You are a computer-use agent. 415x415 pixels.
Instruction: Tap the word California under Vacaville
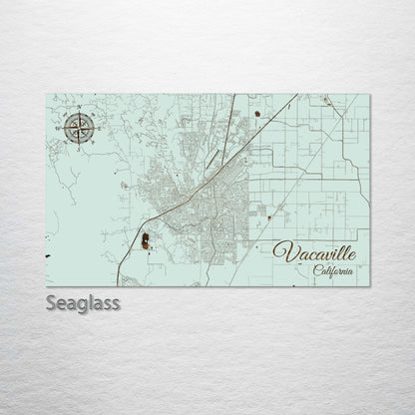point(333,270)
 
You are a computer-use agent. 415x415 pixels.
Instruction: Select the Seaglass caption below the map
point(83,301)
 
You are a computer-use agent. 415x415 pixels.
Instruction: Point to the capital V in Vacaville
point(281,250)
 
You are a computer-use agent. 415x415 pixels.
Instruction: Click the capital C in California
point(315,270)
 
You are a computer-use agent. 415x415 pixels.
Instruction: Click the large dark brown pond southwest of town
point(146,240)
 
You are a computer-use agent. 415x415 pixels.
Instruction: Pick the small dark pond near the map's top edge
point(258,116)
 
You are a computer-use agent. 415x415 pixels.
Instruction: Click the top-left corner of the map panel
point(46,94)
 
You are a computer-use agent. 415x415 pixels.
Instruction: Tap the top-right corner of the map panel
point(371,94)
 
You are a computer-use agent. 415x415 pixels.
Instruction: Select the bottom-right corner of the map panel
point(371,285)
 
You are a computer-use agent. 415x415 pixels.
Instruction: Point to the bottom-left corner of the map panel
point(46,285)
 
